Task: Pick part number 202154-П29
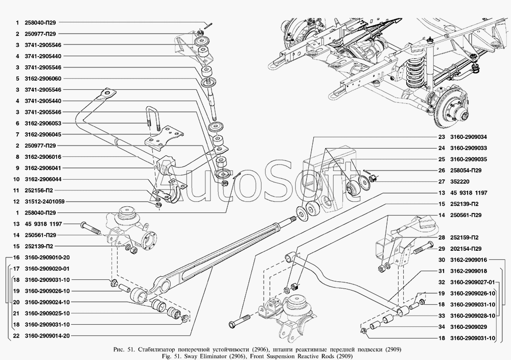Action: [466, 249]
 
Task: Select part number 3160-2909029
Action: [468, 327]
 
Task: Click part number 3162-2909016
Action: [468, 260]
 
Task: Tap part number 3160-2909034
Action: [468, 137]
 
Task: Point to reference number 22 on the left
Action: [17, 335]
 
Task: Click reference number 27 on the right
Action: [441, 181]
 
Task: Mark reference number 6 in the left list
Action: [17, 123]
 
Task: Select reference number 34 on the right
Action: [441, 327]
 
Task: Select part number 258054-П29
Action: [466, 171]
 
